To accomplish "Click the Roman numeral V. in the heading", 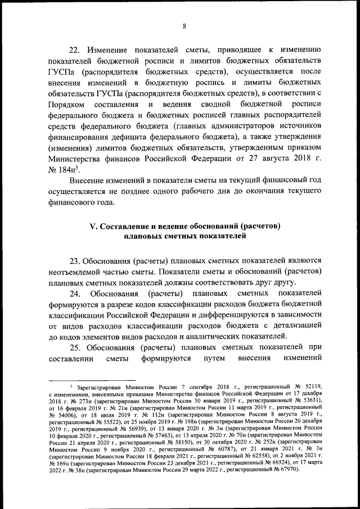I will [x=94, y=226].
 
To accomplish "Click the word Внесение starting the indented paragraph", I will [x=89, y=180].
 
